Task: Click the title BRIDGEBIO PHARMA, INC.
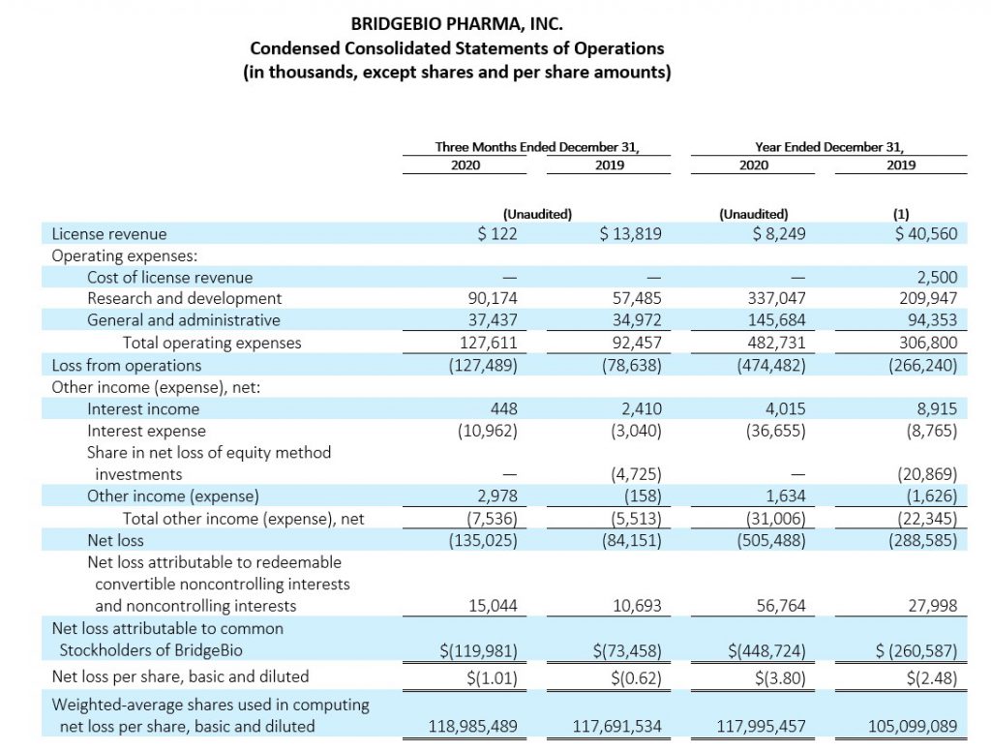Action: (457, 24)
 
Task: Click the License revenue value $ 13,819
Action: (630, 234)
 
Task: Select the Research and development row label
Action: (184, 298)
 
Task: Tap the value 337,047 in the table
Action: (776, 298)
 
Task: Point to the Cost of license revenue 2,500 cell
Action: (937, 277)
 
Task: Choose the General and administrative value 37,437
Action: (493, 320)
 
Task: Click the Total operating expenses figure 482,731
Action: (776, 343)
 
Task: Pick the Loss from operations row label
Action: (127, 366)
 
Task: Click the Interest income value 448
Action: (503, 409)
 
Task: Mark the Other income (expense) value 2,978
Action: (496, 496)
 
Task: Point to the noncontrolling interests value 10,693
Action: (637, 606)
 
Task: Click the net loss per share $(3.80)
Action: (780, 678)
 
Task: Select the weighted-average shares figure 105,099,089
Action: (913, 727)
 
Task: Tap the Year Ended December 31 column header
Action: (829, 147)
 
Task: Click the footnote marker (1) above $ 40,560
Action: (901, 214)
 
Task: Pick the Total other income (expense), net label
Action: (243, 519)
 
